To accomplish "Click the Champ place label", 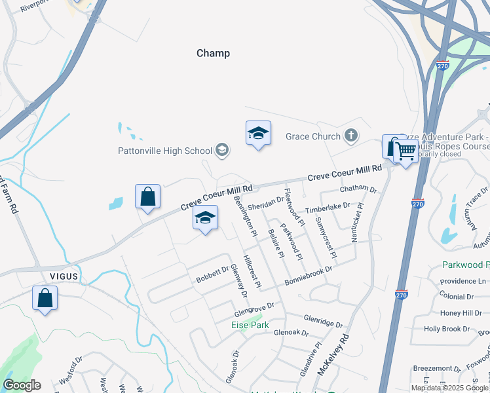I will coord(213,53).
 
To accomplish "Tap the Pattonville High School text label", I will coord(165,151).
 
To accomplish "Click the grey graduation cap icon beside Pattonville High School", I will coord(221,151).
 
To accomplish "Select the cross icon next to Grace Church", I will coord(351,136).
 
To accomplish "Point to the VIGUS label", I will coord(62,276).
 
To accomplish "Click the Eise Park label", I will coord(250,325).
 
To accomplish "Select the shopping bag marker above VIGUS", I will coord(148,196).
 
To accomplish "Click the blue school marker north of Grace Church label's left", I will coord(258,133).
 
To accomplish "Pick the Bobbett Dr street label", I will coord(212,274).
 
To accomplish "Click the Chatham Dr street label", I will coord(359,190).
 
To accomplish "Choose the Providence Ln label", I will coord(464,281).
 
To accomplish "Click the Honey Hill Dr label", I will coord(461,313).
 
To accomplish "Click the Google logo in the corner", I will coord(22,385).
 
